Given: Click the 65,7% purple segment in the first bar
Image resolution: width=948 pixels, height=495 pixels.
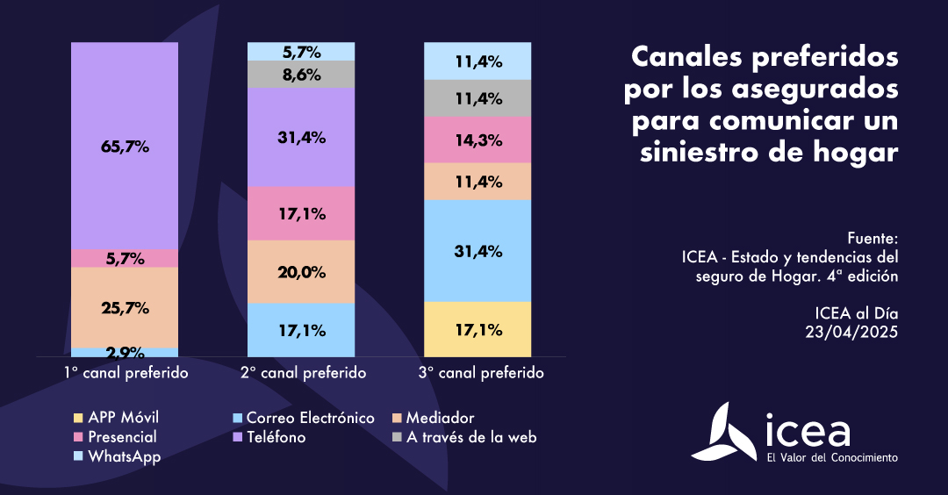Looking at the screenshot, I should pos(125,146).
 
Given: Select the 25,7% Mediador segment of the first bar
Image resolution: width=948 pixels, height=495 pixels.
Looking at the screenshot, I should pos(125,307).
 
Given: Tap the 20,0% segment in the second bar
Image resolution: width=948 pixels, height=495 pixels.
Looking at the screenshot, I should pos(301,271).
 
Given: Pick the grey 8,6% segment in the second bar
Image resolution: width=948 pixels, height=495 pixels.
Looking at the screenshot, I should pos(301,75).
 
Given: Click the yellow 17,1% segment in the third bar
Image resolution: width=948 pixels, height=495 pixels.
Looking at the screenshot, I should pos(478,329).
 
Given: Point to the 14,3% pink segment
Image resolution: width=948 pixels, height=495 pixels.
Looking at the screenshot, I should pos(478,139).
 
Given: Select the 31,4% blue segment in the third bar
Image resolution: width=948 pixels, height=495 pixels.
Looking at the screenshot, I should pos(478,251).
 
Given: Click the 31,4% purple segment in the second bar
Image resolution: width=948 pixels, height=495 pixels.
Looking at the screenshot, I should pos(301,137).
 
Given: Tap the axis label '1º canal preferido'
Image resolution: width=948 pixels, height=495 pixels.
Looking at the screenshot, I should pos(126,373).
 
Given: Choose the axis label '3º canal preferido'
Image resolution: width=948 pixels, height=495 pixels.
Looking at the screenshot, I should pos(480,373).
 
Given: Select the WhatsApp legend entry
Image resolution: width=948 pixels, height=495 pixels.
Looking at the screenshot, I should pos(123,456).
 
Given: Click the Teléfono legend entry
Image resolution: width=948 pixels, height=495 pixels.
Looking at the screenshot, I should pos(276,437).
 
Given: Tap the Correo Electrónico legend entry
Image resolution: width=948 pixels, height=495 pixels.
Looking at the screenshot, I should pos(309,418).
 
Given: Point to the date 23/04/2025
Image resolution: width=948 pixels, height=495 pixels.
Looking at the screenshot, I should pos(852,332).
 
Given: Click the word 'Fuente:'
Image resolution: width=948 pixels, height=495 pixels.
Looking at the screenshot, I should pos(873,238).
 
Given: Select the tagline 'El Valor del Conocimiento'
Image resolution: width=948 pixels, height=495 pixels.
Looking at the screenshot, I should pos(832,457).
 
